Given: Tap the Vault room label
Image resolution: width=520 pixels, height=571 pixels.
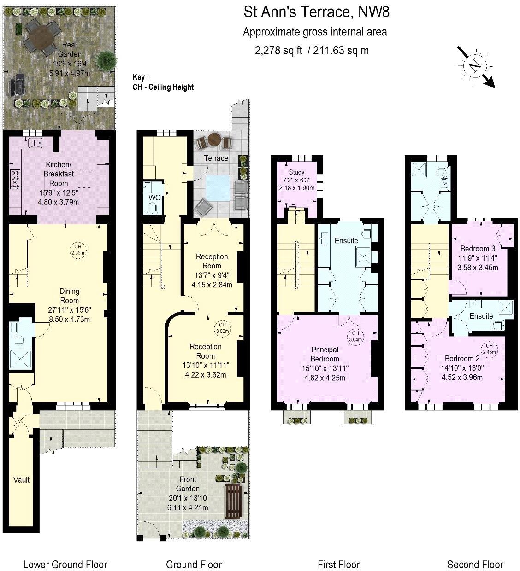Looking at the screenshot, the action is (x=21, y=480).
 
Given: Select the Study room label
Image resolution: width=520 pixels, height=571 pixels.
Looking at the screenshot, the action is (x=296, y=172).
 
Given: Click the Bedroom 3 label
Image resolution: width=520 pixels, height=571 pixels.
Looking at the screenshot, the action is (x=478, y=248).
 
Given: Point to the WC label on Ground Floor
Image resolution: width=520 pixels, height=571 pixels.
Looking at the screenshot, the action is (x=154, y=198).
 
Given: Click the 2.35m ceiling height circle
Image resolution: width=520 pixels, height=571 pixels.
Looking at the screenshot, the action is (x=77, y=250).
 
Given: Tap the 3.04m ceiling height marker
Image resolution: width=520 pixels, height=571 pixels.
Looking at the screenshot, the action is (x=355, y=336).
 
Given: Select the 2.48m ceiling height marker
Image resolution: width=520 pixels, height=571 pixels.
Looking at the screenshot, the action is (x=489, y=349).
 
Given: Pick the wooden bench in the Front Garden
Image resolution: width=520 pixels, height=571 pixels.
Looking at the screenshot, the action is (x=234, y=501).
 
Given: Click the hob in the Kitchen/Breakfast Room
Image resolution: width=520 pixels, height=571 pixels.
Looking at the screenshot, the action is (x=15, y=179).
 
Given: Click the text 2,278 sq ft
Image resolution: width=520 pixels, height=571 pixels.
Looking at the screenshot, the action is (x=278, y=50).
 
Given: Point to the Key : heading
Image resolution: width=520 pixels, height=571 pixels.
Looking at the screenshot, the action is (x=141, y=77).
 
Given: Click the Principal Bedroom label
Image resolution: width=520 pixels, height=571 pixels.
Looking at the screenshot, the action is (x=325, y=354).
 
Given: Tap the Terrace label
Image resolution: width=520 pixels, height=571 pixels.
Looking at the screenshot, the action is (x=216, y=158).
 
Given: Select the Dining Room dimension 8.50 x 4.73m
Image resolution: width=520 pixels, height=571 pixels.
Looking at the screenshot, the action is (x=69, y=319).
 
